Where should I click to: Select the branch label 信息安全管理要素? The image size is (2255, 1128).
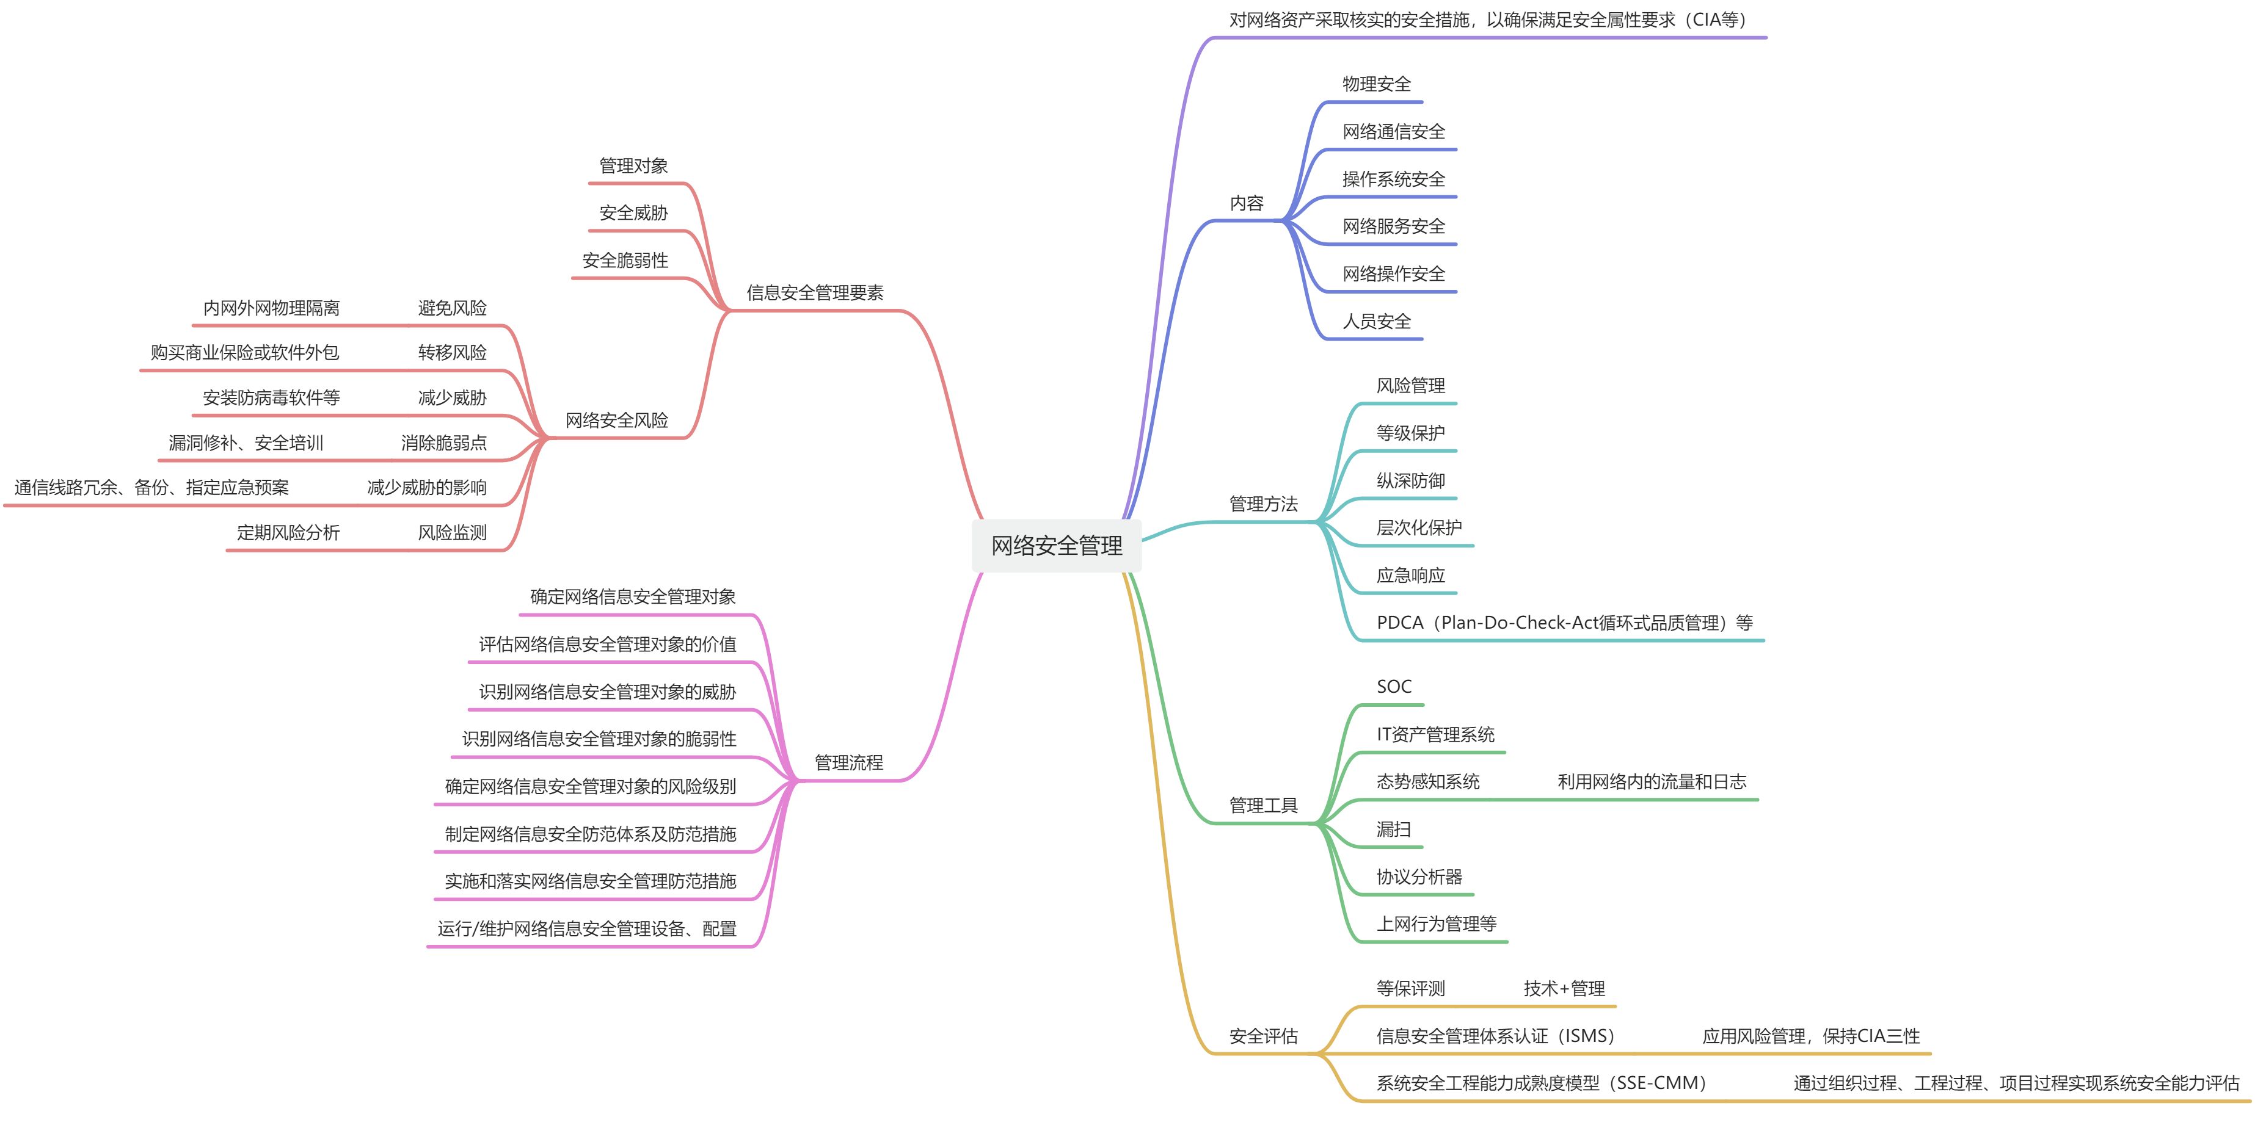point(814,292)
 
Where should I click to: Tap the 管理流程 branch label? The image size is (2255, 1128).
point(848,762)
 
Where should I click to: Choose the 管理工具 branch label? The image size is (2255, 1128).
point(1262,805)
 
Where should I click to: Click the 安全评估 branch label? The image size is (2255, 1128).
point(1262,1036)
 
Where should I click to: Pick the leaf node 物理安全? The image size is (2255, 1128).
point(1376,84)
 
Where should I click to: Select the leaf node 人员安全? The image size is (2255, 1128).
point(1376,321)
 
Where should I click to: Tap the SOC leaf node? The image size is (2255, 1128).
point(1394,687)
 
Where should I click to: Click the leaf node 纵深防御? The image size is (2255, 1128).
point(1410,480)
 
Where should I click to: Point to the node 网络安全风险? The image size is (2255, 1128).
point(616,420)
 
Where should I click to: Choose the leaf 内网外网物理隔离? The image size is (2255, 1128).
point(271,308)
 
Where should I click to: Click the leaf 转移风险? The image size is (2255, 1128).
point(452,353)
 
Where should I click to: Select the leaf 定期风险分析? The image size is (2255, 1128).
point(288,532)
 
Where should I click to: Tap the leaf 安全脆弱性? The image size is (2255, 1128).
point(625,260)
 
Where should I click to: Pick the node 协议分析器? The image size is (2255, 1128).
point(1419,877)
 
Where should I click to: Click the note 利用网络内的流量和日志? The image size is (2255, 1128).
point(1651,781)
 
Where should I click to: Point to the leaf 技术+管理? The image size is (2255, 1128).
point(1564,989)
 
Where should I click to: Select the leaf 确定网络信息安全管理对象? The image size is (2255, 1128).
point(632,597)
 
